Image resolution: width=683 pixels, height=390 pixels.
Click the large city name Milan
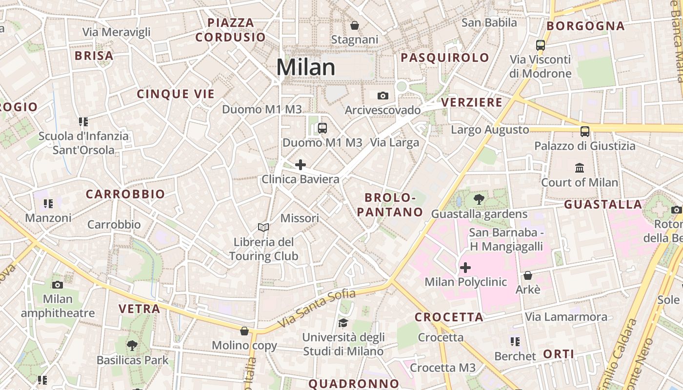(x=306, y=67)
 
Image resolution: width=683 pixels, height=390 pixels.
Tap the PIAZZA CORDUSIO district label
(x=231, y=30)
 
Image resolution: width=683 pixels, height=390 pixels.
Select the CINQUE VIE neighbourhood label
(x=176, y=94)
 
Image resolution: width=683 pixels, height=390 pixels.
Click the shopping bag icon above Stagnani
(x=355, y=25)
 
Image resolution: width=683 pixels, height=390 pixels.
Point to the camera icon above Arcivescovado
(x=383, y=96)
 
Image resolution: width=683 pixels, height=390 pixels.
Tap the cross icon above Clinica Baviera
(x=301, y=165)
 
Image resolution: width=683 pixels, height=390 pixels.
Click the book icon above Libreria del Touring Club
(x=263, y=227)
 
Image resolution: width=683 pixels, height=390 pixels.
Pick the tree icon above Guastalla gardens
(x=479, y=199)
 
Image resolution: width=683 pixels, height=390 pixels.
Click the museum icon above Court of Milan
(x=580, y=168)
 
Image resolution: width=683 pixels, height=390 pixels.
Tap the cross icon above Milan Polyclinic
(x=465, y=268)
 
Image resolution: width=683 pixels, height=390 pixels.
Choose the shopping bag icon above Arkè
(x=527, y=275)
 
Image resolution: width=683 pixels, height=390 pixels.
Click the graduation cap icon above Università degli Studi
(x=343, y=323)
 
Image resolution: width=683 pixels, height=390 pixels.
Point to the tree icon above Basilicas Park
(x=132, y=346)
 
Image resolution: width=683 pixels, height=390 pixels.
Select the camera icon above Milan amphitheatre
(x=58, y=285)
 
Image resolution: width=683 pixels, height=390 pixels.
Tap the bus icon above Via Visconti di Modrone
(x=540, y=45)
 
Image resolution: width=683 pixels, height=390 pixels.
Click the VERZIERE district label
(x=472, y=102)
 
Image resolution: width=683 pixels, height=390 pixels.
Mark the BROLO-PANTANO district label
(x=394, y=205)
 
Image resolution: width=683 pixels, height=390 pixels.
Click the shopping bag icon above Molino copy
(x=244, y=331)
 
